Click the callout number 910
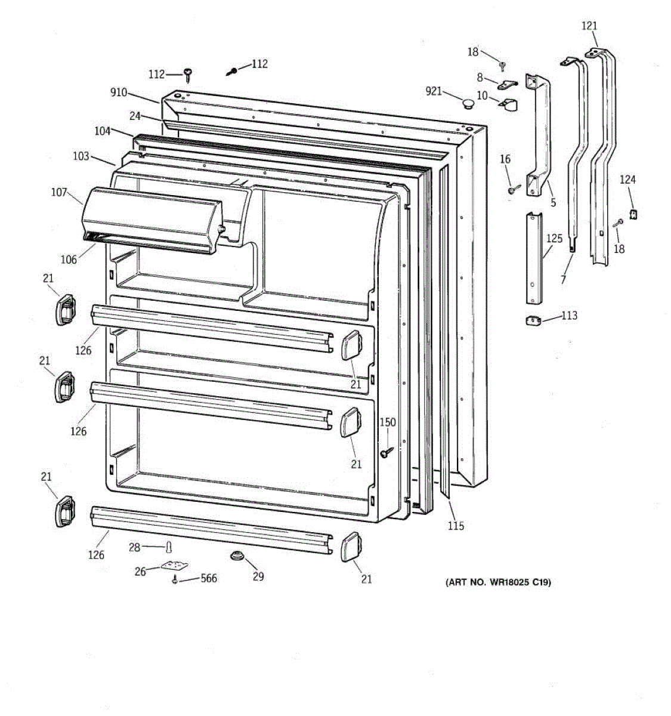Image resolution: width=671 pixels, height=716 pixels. click(x=119, y=92)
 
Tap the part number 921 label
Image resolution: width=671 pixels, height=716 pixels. click(x=434, y=91)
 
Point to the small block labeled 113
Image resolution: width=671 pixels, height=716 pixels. click(x=533, y=320)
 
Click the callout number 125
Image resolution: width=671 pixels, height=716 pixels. click(x=554, y=239)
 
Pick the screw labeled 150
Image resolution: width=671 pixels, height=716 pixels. click(x=385, y=453)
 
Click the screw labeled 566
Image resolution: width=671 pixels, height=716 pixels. click(x=175, y=579)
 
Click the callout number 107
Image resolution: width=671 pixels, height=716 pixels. click(x=59, y=192)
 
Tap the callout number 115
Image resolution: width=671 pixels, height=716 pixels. click(x=456, y=526)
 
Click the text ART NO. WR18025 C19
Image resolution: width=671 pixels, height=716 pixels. click(x=499, y=582)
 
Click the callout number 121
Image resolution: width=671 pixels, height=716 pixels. click(x=589, y=26)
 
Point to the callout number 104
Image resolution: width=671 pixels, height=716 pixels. click(x=102, y=131)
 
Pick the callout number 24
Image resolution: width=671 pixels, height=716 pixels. click(x=135, y=116)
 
